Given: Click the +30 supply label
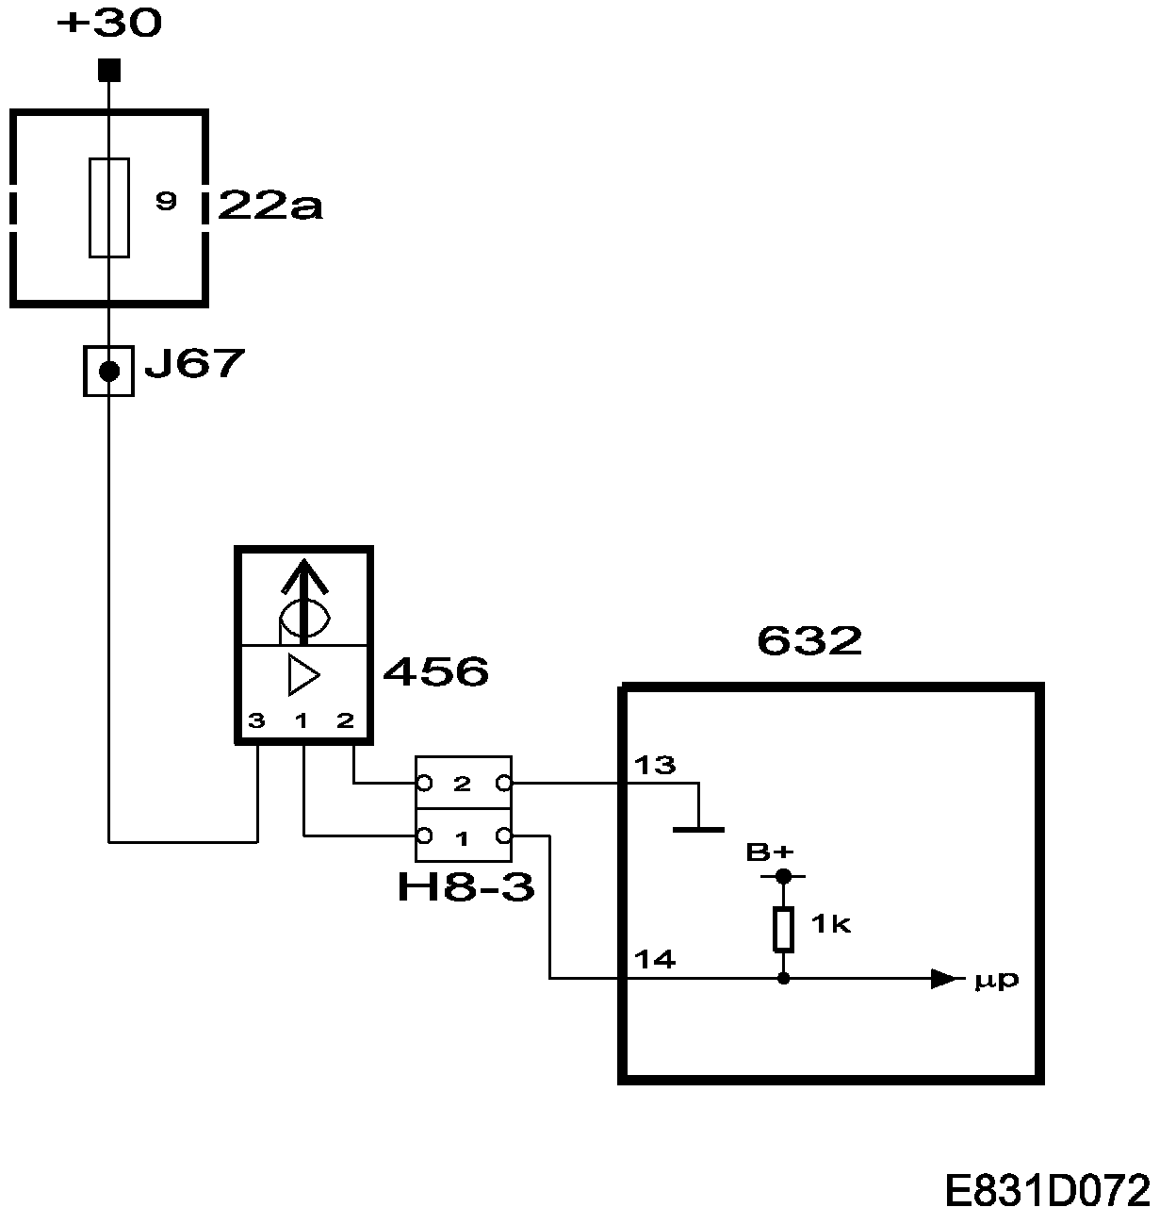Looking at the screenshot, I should (x=109, y=25).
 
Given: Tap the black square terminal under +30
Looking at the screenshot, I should (x=109, y=70).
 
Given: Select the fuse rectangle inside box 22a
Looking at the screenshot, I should (x=109, y=207).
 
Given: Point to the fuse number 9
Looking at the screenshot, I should (x=166, y=201).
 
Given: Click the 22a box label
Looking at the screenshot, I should (x=269, y=206).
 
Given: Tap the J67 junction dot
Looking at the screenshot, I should (x=109, y=372).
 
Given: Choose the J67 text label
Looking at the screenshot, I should (x=194, y=364).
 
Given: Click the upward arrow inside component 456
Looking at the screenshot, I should (x=303, y=597).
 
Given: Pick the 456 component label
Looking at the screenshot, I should (x=436, y=672).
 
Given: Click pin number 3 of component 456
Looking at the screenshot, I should (x=256, y=721).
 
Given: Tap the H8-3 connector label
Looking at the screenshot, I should (x=465, y=887).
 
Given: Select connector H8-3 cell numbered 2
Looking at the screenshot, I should (x=463, y=784).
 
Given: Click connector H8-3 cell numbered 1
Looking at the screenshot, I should (x=463, y=836).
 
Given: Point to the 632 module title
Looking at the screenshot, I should (x=809, y=641).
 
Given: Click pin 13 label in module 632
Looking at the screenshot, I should (x=655, y=765).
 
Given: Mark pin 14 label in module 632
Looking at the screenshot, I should (x=655, y=960).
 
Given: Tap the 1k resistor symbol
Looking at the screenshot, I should (x=783, y=929).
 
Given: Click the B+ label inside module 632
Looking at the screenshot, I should (x=770, y=852).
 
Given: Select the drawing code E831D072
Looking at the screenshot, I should (x=1047, y=1192).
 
